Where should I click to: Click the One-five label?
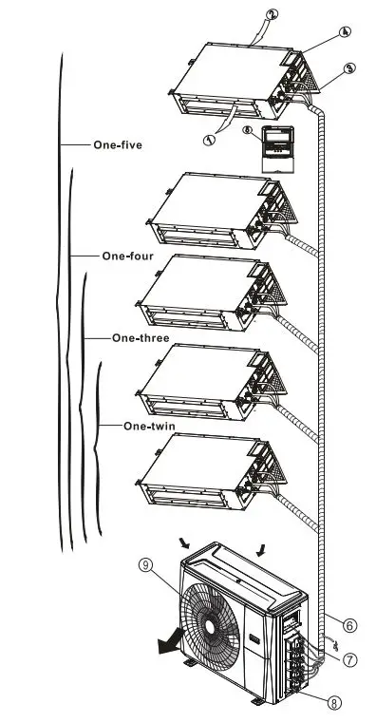117,145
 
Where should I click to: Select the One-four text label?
127,256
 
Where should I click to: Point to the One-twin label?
149,426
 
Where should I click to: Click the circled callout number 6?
350,625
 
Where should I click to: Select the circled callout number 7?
350,658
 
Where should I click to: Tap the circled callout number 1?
209,138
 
